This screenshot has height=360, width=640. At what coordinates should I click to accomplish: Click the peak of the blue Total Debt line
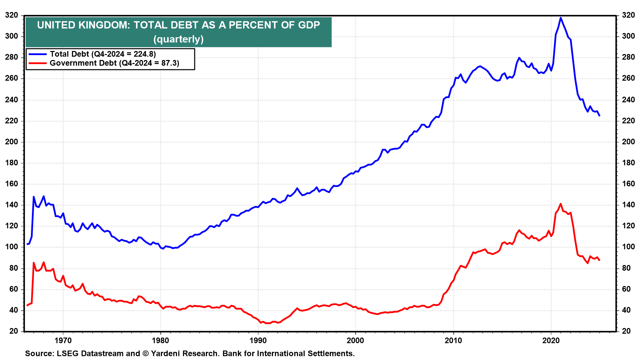560,18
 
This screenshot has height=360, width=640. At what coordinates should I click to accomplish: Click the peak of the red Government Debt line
560,204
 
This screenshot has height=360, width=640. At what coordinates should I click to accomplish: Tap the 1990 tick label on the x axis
258,340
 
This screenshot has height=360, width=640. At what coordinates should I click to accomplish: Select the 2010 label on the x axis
453,340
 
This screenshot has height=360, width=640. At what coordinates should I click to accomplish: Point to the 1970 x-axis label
63,340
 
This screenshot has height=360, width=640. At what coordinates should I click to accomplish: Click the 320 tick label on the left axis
12,15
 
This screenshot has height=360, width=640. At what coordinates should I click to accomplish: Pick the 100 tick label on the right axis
628,247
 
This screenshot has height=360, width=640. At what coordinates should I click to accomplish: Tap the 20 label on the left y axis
14,331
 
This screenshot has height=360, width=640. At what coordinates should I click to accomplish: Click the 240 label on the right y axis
628,100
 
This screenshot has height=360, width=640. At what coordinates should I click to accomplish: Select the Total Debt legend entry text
103,54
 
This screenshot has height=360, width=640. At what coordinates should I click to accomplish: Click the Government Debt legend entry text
114,63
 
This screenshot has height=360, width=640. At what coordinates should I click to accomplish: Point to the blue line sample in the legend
38,54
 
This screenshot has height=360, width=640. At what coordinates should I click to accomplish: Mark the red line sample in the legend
38,63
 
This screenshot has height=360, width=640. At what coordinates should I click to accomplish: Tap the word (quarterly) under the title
178,39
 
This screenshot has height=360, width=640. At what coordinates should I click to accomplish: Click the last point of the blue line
599,116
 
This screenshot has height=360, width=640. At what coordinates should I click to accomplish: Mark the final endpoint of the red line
599,260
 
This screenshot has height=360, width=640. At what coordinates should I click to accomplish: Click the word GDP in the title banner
309,25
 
